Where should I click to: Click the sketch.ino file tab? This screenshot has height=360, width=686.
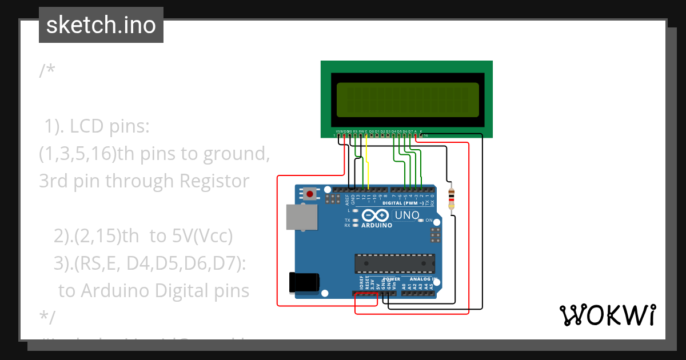click(x=101, y=25)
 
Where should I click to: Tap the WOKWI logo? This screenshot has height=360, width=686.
click(x=607, y=315)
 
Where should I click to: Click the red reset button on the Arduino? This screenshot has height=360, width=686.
click(x=310, y=194)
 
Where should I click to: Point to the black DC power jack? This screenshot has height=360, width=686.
click(x=304, y=283)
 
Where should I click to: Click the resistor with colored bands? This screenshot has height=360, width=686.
click(x=452, y=198)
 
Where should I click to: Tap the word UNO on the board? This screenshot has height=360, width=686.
click(x=406, y=215)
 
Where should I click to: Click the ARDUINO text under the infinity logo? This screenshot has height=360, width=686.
click(x=376, y=225)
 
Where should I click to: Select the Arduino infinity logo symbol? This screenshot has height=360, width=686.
click(x=376, y=215)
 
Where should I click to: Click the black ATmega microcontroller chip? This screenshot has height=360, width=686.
click(x=394, y=263)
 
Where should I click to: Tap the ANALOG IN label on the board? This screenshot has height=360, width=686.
click(x=423, y=279)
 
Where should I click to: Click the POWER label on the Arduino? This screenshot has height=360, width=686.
click(x=392, y=279)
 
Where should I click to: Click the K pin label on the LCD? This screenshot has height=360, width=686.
click(x=421, y=131)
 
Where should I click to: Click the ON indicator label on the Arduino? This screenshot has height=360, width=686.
click(x=429, y=220)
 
